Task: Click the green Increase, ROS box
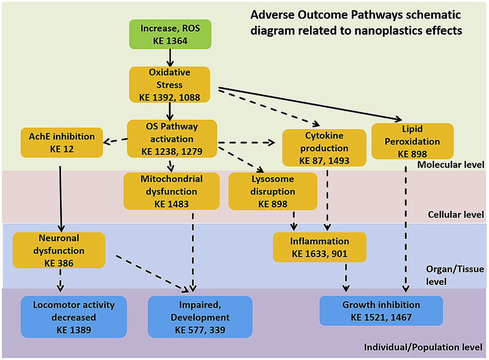(170, 34)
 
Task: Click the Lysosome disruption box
(273, 191)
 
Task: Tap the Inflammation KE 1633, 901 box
(320, 246)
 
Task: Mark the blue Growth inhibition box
(381, 311)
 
